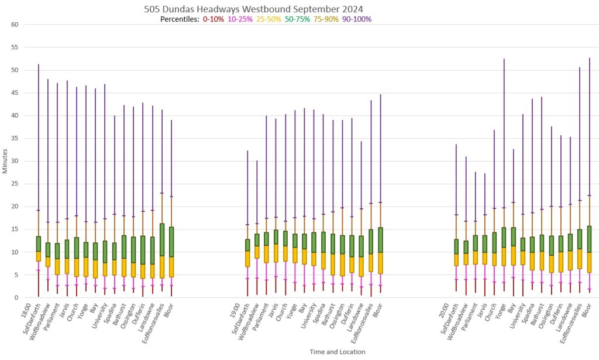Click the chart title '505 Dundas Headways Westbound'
point(253,9)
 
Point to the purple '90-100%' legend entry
point(357,19)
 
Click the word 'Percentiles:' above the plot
point(180,19)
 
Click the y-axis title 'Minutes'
point(5,161)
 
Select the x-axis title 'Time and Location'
point(338,352)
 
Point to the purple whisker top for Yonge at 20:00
point(504,59)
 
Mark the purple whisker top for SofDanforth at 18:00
point(38,64)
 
